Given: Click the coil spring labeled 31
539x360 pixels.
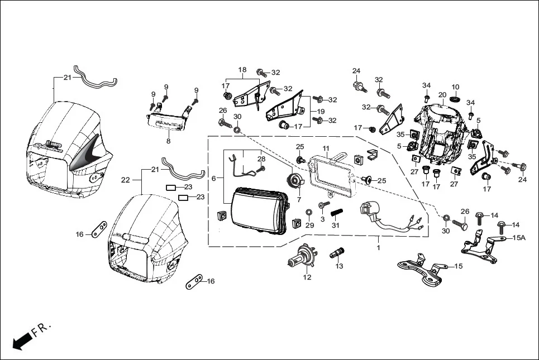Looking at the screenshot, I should pos(336,212).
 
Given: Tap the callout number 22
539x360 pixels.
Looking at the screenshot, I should pos(126,180).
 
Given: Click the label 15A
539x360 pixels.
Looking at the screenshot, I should pos(519,237).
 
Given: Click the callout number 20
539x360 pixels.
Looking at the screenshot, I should pos(442,95).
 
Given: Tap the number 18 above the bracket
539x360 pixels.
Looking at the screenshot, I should pos(242,70).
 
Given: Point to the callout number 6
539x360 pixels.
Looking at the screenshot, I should pos(213,178).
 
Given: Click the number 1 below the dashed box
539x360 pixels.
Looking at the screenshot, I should pos(378,247).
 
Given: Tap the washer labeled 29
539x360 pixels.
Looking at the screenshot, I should pos(309,213).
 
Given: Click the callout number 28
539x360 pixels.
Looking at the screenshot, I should pos(261,159).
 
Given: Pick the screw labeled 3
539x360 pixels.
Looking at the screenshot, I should pos(322,206).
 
